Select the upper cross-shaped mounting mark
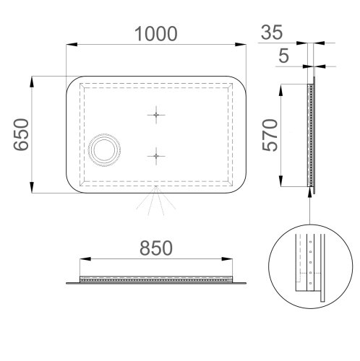(x=155, y=115)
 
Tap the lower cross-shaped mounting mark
(x=155, y=155)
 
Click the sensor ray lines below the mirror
(x=155, y=204)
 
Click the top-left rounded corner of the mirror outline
(x=72, y=83)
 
